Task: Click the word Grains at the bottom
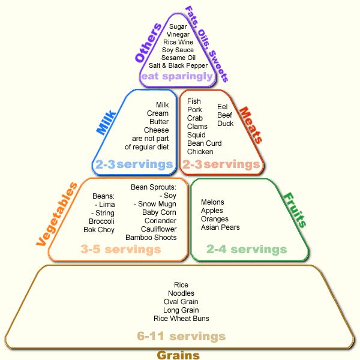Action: tap(178, 355)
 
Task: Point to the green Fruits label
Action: tap(295, 210)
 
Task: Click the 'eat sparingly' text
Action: tap(176, 76)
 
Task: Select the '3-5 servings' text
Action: tap(121, 249)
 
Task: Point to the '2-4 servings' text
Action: tap(247, 249)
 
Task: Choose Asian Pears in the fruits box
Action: tap(220, 227)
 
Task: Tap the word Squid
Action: tap(196, 135)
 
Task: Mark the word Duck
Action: tap(225, 124)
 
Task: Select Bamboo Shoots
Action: tap(151, 238)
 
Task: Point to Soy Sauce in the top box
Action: tap(178, 50)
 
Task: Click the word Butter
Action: tap(159, 122)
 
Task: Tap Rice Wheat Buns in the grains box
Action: tap(181, 319)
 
